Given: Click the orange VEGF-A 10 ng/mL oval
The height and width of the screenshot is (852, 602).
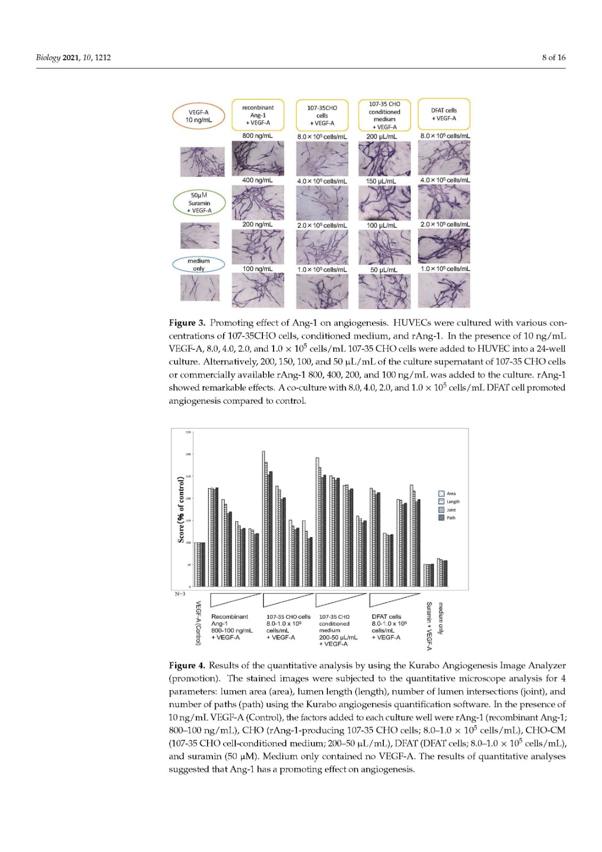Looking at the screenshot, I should pos(199,116).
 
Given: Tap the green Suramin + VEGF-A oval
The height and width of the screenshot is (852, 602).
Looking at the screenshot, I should pos(199,203).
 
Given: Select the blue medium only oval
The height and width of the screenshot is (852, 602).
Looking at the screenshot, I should pos(199,265).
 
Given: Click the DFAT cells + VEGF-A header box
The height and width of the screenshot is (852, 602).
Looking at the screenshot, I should pos(443,114).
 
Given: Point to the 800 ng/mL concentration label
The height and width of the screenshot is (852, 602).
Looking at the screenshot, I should pos(257,136).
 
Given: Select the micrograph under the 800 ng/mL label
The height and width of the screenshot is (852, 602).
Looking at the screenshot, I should pos(258,158).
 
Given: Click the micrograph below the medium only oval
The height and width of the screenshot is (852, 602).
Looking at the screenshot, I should pos(200,288).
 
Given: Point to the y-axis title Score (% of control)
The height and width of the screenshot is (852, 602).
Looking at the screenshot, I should pos(181,510).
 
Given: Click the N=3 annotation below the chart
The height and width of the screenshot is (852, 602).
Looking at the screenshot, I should pos(180,594).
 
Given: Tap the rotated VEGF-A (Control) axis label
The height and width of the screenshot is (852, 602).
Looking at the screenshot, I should pos(198,622).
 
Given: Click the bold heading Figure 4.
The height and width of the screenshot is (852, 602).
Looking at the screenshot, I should pos(186,665).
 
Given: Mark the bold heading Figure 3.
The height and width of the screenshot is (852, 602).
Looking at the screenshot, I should pos(186,323).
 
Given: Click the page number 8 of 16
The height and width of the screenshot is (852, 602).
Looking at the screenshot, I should pos(554,58).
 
